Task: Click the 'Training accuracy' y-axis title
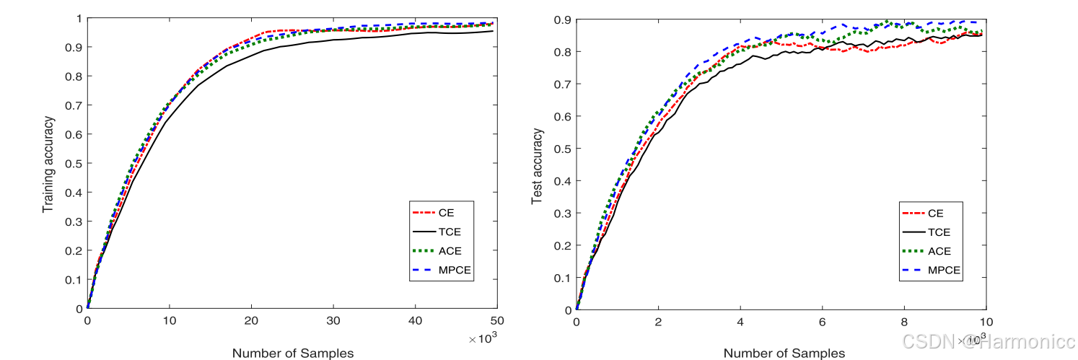[48, 164]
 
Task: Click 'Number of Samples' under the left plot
[293, 353]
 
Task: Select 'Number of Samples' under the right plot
[784, 353]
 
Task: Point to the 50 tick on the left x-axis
[496, 320]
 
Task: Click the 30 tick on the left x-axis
[333, 320]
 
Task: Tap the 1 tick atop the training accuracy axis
[77, 18]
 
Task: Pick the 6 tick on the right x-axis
[822, 320]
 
